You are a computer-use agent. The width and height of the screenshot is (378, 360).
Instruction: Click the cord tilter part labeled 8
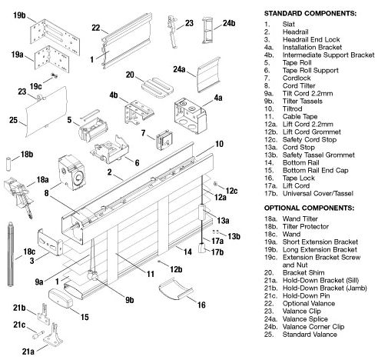71,172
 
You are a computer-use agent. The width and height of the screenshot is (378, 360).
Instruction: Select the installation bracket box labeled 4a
191,115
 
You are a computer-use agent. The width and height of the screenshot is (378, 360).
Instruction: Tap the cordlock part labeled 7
164,140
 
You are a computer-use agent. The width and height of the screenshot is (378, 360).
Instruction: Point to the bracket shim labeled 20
157,88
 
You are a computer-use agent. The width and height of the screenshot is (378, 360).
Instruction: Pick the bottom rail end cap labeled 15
61,298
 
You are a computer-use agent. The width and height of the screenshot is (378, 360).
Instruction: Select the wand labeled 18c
11,254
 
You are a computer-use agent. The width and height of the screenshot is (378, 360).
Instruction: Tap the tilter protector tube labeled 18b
8,164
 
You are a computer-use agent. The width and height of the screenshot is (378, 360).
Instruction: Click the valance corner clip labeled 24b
207,30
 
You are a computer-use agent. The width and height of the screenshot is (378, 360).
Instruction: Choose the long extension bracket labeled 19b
55,37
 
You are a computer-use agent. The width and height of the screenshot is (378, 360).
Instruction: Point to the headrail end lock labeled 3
50,242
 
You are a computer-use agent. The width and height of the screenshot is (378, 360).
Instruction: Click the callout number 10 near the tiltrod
219,144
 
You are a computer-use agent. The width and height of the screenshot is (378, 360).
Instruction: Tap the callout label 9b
130,300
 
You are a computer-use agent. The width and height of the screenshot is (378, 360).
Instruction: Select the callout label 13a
223,220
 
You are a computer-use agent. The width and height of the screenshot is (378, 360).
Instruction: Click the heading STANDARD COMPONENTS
310,13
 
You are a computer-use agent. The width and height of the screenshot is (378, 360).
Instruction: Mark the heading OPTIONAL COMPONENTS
309,208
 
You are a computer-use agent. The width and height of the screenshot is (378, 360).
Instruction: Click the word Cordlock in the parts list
297,78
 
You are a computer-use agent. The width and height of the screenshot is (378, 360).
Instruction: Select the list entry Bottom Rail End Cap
316,170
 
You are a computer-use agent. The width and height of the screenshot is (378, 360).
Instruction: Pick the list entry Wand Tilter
300,218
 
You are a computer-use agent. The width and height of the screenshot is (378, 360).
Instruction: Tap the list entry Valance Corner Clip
313,327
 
